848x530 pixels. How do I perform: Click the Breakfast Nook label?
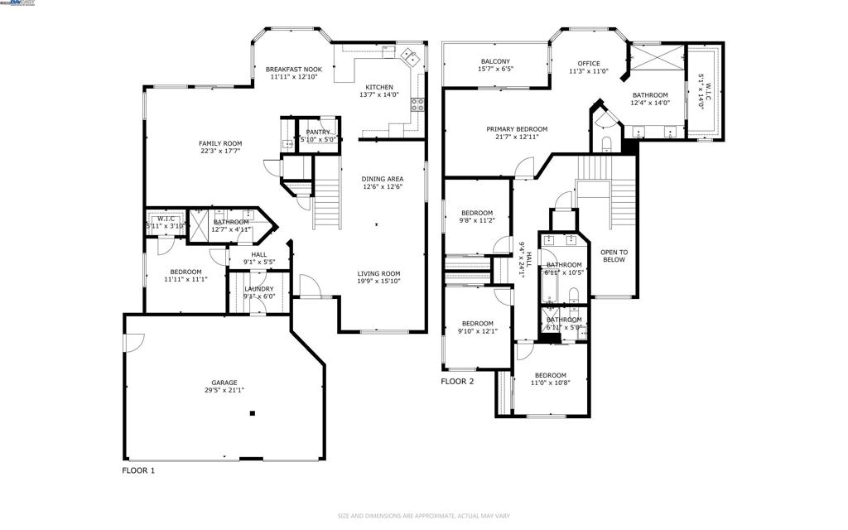tap(293, 70)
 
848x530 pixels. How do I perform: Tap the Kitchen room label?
tap(379, 87)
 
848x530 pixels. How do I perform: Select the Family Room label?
tap(220, 143)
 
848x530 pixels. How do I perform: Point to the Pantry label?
tap(319, 132)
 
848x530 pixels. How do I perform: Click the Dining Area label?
tap(382, 179)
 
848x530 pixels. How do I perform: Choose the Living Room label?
tap(378, 274)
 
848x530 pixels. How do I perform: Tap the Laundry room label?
tap(258, 289)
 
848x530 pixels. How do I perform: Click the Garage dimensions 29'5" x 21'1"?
tap(224, 390)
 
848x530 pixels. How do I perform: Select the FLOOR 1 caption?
tap(138, 470)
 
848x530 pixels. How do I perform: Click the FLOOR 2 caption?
tap(457, 382)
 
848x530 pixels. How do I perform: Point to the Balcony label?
tap(495, 61)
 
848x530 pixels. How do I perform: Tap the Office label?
tap(589, 64)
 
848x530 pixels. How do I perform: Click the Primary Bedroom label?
tap(517, 129)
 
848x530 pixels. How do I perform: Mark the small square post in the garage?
tap(253, 413)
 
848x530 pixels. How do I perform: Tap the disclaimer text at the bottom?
tap(423, 516)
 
